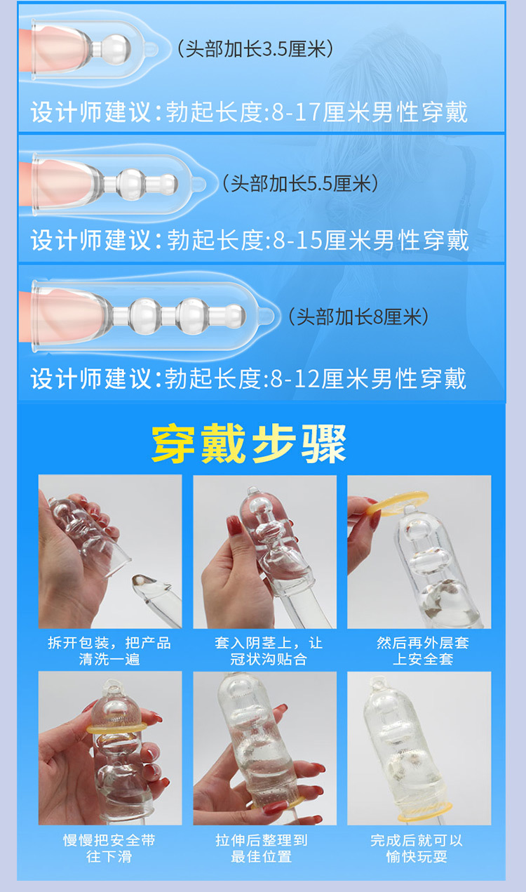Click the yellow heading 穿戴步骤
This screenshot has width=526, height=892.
tap(249, 444)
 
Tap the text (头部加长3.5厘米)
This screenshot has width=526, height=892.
tap(254, 48)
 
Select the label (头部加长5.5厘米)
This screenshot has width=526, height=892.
tap(300, 183)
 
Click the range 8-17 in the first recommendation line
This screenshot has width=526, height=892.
tap(299, 112)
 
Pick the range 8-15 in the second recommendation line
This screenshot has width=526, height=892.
tap(299, 241)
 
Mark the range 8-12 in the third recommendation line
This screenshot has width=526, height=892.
tap(297, 380)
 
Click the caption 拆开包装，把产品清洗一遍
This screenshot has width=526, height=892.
tap(109, 651)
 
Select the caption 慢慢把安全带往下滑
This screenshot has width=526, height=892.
tap(109, 848)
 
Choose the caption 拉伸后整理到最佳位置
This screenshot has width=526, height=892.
tap(264, 848)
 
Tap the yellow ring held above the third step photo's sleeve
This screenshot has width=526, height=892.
tap(398, 502)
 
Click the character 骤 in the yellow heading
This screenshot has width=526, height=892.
tap(324, 444)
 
